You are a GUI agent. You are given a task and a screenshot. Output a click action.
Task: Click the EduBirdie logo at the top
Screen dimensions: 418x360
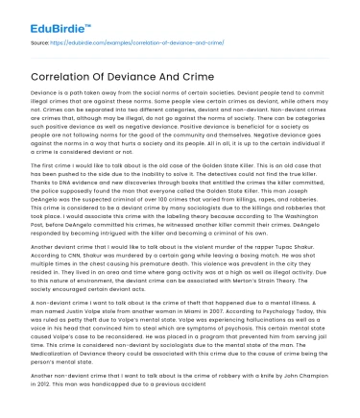pos(47,16)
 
